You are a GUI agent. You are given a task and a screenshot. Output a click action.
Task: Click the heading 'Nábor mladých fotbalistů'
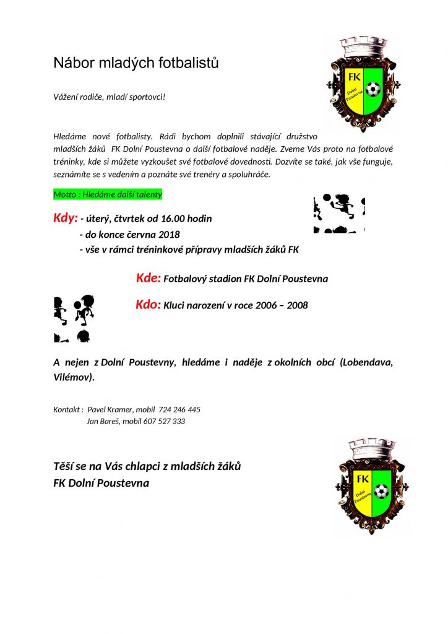click(x=136, y=63)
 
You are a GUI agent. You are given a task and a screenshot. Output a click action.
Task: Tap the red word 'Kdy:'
click(x=65, y=218)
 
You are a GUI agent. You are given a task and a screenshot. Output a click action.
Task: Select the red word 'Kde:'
click(x=149, y=278)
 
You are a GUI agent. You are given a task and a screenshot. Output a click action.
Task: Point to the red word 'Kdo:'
click(x=149, y=305)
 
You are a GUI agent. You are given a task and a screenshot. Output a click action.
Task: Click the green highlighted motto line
click(x=108, y=194)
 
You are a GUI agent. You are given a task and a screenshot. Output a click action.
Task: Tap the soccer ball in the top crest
click(x=373, y=90)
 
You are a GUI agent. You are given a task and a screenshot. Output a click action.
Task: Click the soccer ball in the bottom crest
click(x=381, y=492)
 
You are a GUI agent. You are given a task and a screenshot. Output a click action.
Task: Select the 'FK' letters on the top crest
click(x=355, y=77)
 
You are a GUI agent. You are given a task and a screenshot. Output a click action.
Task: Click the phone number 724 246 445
click(x=179, y=410)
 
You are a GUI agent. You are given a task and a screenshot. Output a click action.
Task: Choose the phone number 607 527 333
click(x=164, y=422)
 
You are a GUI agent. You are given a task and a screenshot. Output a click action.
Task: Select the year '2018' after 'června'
click(x=169, y=235)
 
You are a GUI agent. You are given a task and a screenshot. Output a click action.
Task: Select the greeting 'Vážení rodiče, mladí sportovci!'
click(x=110, y=98)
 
